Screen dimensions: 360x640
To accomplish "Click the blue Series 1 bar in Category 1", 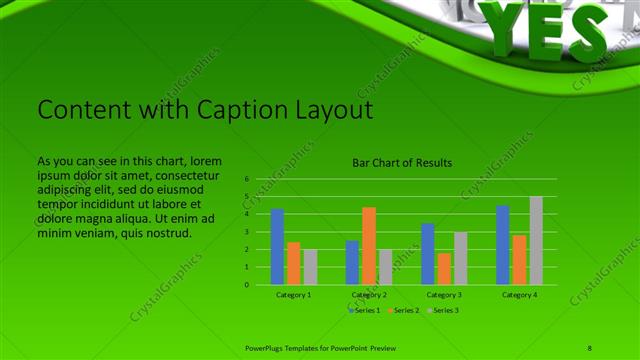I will point(277,247).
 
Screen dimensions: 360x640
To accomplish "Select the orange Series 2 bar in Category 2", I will point(369,246).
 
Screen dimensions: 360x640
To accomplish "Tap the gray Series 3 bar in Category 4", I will point(536,241).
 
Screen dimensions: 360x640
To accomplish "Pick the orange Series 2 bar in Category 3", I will point(444,269).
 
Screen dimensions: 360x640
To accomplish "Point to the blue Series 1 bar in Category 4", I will point(503,245).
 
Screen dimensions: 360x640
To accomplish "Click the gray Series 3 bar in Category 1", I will point(310,267).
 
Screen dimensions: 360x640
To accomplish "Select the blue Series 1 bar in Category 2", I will point(352,262).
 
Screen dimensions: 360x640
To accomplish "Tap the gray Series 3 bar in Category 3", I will point(461,258).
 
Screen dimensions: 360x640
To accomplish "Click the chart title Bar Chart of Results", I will point(402,162).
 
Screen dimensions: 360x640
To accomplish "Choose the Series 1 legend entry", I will point(364,310).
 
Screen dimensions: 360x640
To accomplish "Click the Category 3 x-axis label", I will point(444,295).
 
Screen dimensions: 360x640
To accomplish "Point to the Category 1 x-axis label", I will point(293,295).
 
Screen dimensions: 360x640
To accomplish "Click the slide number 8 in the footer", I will point(590,346).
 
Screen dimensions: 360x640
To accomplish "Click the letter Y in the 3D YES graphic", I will point(513,25).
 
